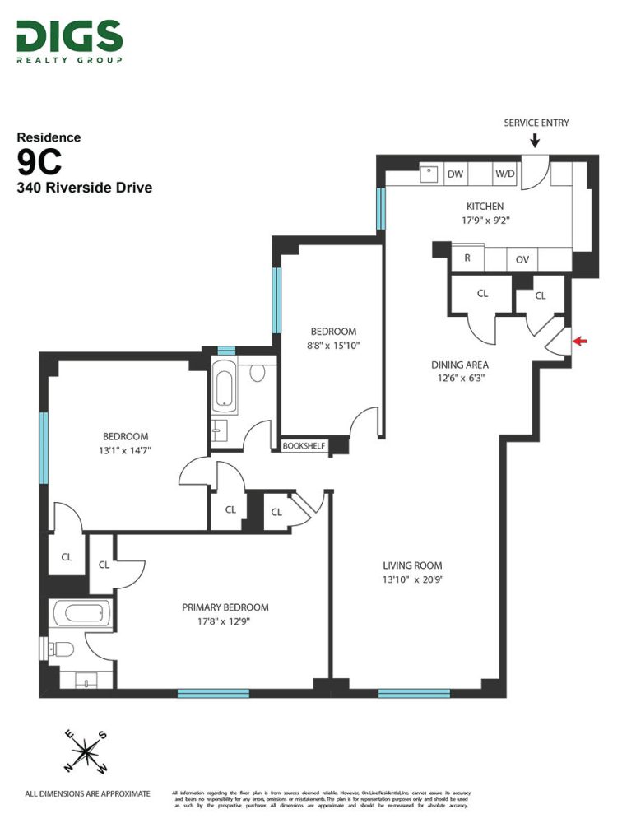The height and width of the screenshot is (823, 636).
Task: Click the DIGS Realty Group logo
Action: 69,41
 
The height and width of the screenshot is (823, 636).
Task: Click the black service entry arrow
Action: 535,142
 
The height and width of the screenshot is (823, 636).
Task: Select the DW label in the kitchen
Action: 455,174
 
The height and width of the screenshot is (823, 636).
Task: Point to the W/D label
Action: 504,174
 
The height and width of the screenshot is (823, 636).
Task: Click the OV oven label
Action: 522,259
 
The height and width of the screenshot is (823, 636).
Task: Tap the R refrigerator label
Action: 467,258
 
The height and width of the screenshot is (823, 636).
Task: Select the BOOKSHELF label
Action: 304,446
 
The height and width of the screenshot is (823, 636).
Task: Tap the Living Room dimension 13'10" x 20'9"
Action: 412,580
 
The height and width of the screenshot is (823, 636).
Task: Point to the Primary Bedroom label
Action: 225,607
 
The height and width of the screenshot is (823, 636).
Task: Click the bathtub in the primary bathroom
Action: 81,614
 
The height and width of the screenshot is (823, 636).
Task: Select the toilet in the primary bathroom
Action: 62,649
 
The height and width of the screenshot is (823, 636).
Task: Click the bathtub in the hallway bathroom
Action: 225,390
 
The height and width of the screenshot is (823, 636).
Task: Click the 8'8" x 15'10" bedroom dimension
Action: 332,346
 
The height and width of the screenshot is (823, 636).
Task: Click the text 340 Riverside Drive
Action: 85,188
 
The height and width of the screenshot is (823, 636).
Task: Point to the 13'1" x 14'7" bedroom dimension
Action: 125,450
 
